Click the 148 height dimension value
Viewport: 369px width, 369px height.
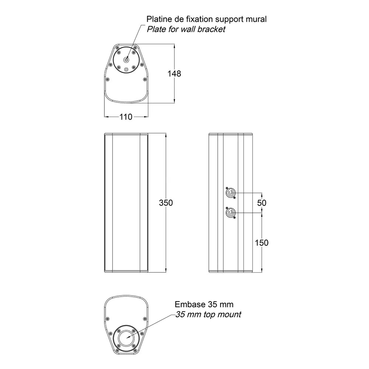click(x=174, y=74)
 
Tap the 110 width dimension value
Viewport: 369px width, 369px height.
click(x=126, y=117)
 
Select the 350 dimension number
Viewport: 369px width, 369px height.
click(x=166, y=203)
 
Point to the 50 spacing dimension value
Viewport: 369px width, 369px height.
click(x=262, y=203)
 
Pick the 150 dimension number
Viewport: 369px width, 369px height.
click(x=262, y=243)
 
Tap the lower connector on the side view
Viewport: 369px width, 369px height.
click(x=230, y=214)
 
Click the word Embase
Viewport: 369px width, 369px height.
click(x=187, y=304)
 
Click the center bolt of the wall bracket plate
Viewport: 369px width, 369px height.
click(x=126, y=60)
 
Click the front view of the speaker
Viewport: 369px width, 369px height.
click(x=126, y=203)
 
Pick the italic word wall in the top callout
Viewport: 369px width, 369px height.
click(x=188, y=29)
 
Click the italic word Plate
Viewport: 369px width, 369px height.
click(x=157, y=29)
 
